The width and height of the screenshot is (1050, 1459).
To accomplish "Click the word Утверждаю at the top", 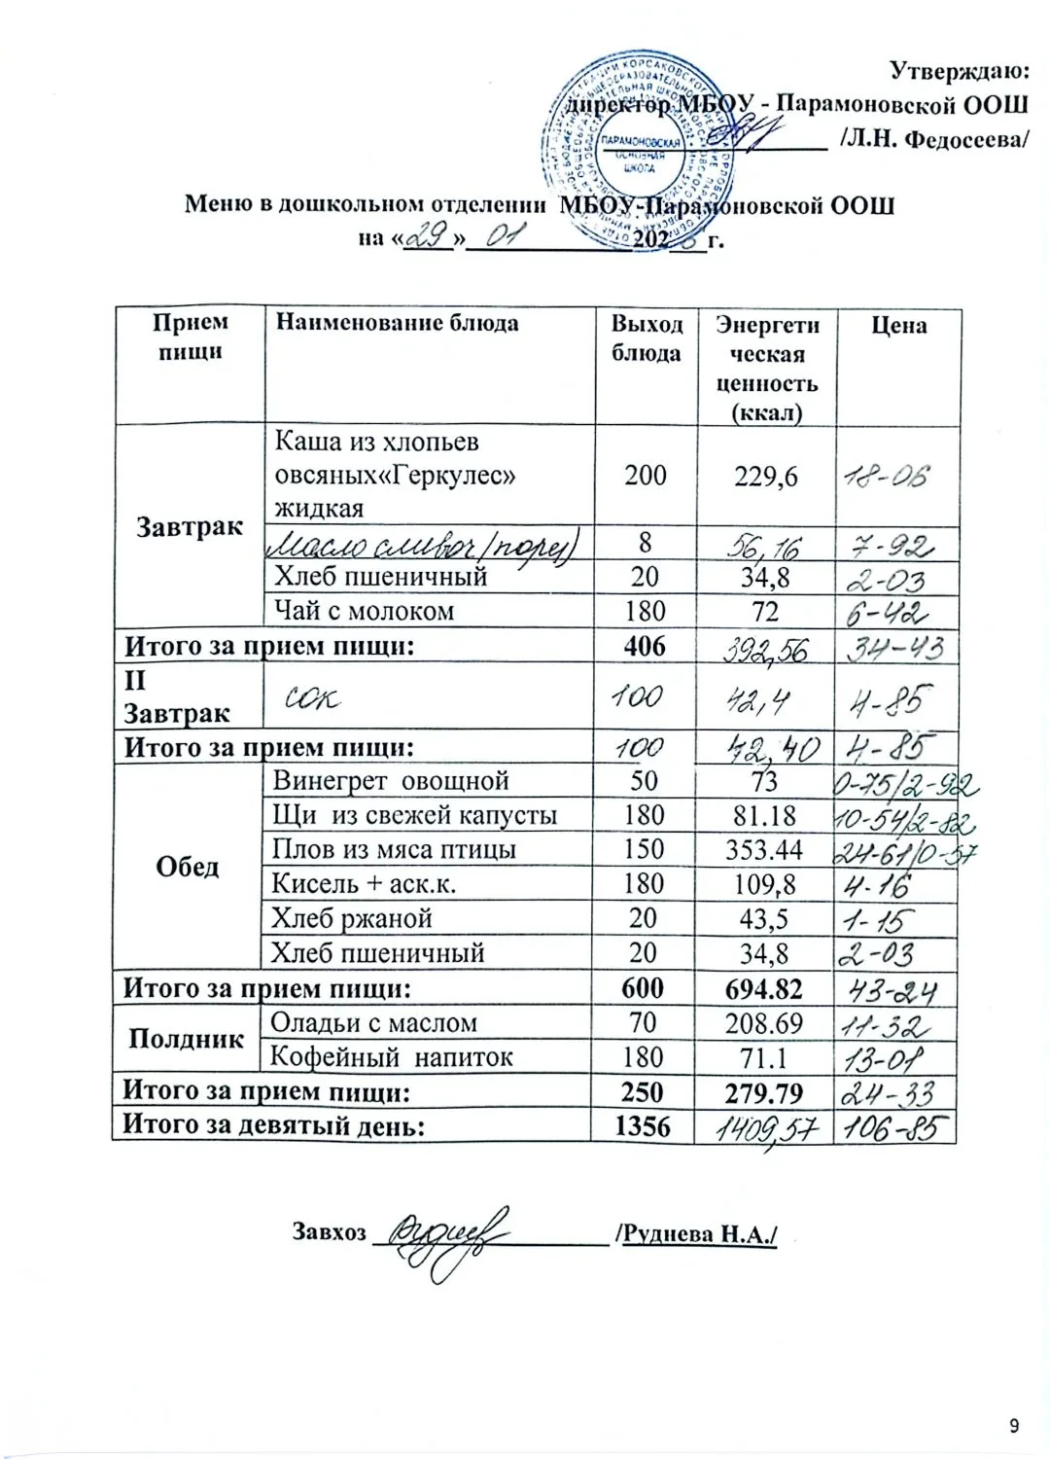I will click(x=959, y=70).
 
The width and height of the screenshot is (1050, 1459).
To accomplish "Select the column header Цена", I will click(x=898, y=326).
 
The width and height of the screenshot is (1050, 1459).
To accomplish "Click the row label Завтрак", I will click(x=190, y=527).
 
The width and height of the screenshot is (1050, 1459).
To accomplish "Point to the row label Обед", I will click(x=188, y=867).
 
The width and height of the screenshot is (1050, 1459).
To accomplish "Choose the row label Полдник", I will click(x=186, y=1039).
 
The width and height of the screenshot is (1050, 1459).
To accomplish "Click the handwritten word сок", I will click(x=312, y=697).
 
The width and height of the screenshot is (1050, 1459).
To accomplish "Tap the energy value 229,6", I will click(x=766, y=476).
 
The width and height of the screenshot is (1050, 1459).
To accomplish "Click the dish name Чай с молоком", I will click(x=364, y=611).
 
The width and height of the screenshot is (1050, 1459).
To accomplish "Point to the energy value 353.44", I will click(x=764, y=849).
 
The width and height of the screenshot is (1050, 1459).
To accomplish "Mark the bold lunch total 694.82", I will click(x=764, y=988).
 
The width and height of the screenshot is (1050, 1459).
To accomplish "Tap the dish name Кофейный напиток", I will click(x=391, y=1057).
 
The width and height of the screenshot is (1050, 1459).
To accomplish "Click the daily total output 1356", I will click(x=643, y=1126).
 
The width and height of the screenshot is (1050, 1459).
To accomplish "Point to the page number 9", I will click(x=1014, y=1427).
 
